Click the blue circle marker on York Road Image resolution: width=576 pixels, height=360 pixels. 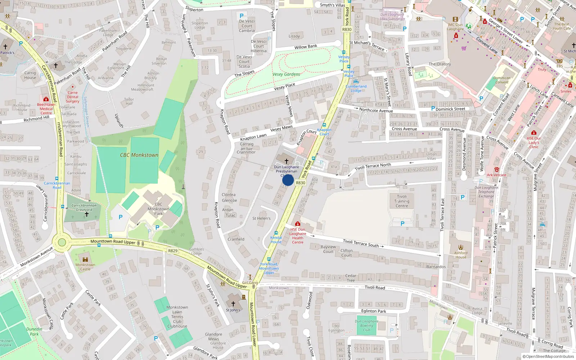click(x=288, y=180)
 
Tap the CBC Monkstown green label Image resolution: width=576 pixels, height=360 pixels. click(x=139, y=155)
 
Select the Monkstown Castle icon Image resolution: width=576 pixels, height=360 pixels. click(x=85, y=259)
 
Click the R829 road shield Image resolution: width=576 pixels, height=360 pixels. click(x=173, y=251)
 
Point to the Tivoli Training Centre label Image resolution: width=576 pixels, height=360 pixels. click(x=402, y=201)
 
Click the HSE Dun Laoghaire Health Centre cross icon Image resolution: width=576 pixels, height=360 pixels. click(x=297, y=224)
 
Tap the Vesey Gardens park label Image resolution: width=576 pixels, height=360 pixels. click(x=286, y=74)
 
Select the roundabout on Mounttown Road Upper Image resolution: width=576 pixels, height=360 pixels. click(x=62, y=242)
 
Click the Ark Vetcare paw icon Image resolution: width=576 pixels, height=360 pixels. click(x=497, y=170)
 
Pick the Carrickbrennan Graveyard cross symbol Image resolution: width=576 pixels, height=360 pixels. click(x=86, y=214)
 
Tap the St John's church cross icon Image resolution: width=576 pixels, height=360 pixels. click(x=233, y=304)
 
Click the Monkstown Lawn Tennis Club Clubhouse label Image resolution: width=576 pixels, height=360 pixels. click(x=177, y=317)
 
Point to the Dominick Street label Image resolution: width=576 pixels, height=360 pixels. click(x=450, y=109)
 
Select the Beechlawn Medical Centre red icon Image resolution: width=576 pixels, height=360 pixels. click(x=46, y=99)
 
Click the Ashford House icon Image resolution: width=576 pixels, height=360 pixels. click(x=461, y=248)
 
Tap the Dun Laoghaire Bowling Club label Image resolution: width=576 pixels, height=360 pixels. click(x=366, y=325)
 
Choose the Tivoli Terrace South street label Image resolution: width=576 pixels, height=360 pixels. click(x=361, y=243)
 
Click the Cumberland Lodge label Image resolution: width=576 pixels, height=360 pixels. click(x=356, y=88)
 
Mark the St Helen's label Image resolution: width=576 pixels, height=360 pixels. click(x=261, y=218)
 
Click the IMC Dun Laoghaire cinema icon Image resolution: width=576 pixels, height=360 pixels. click(x=455, y=19)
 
